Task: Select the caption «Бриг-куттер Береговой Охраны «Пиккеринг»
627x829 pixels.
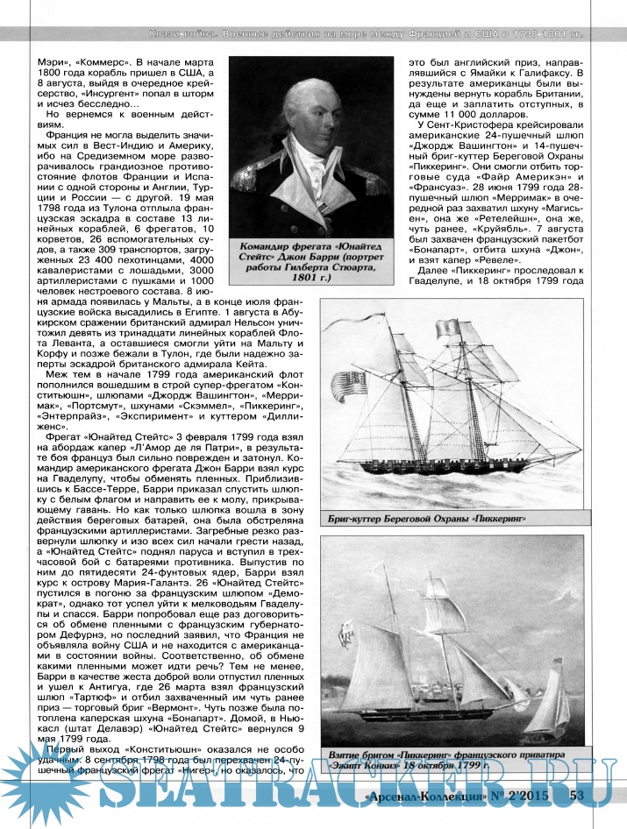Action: (428, 518)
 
